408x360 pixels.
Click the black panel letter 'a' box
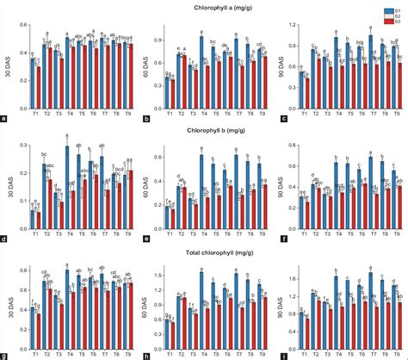(x=6, y=118)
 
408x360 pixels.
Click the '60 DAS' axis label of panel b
(x=145, y=65)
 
